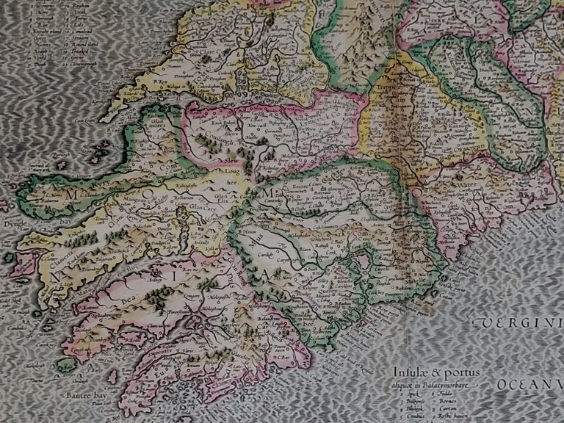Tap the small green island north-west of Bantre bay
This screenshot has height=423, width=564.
(x=67, y=364)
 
